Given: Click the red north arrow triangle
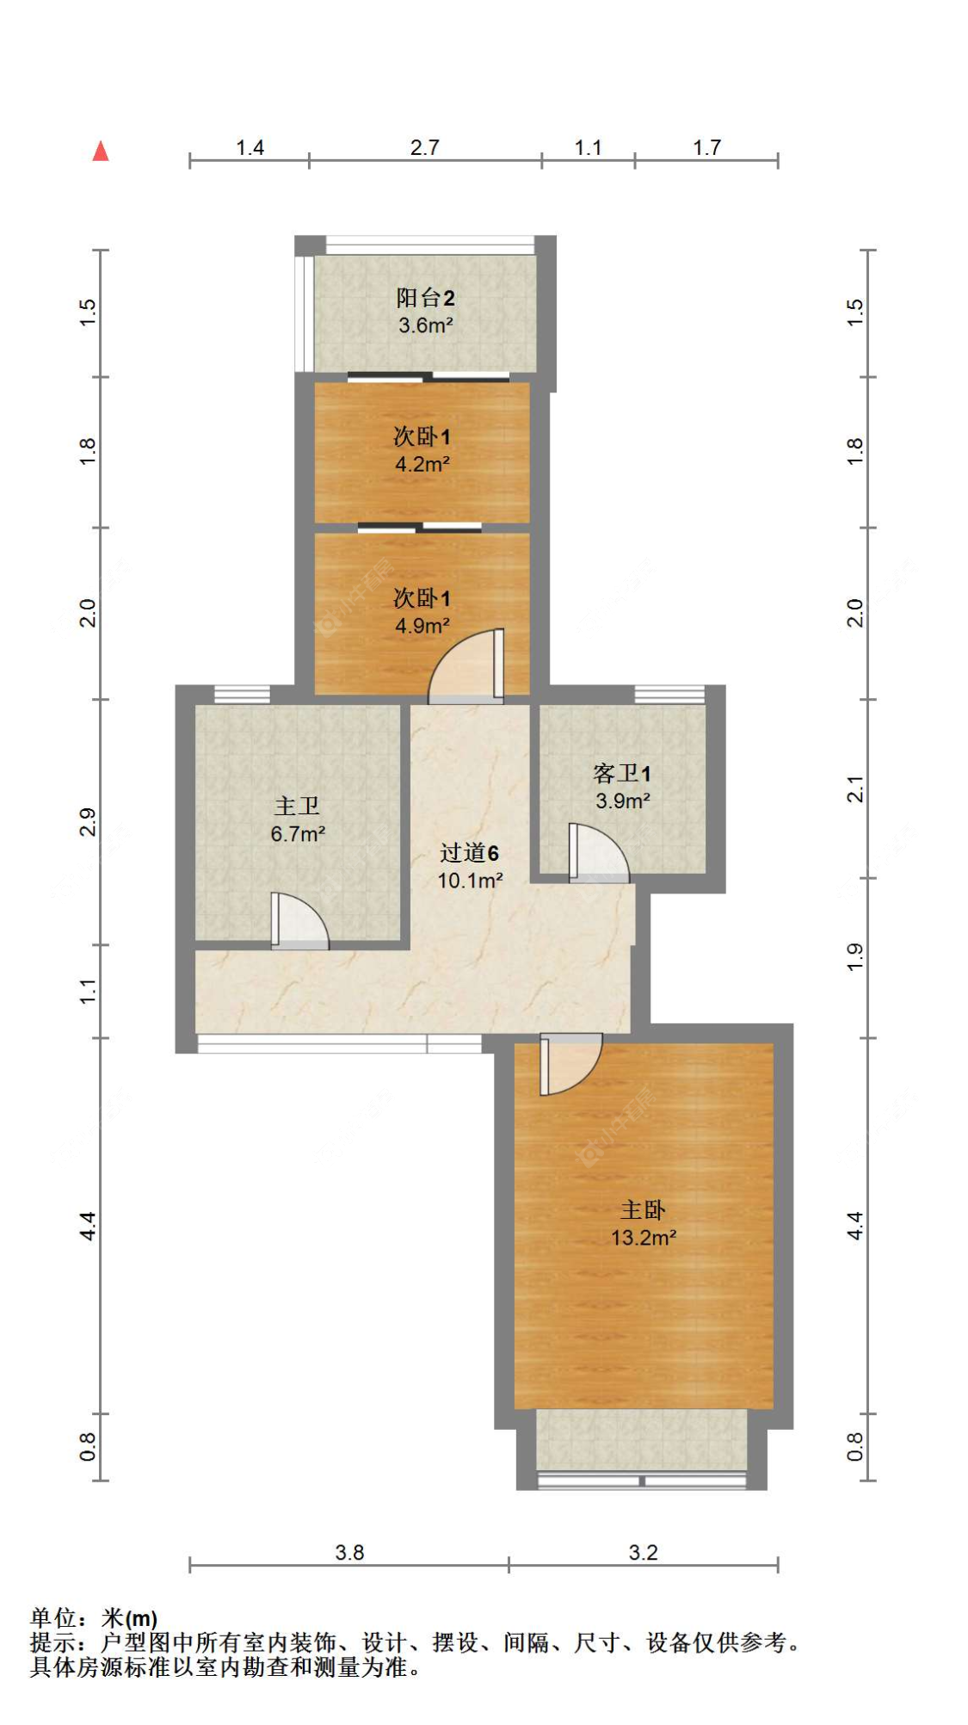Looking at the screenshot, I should click(x=101, y=151).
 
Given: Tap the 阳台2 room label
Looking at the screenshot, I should click(x=425, y=298).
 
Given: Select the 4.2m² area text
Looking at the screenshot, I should click(x=422, y=465).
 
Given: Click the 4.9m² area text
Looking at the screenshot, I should click(x=422, y=626).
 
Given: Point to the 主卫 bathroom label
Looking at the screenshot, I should click(x=297, y=807).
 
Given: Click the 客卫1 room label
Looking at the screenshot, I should click(x=622, y=774).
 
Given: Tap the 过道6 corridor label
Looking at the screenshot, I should click(x=469, y=853).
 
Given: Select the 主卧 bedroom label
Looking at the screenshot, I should click(x=643, y=1210).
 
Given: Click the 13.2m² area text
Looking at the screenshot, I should click(x=643, y=1238).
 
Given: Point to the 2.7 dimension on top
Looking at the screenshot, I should click(x=424, y=148).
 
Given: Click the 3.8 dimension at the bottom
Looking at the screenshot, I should click(x=349, y=1553).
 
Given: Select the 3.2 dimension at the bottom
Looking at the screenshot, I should click(x=643, y=1553).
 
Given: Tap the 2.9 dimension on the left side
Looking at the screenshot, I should click(x=88, y=822).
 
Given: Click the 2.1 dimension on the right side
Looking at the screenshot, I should click(x=854, y=788).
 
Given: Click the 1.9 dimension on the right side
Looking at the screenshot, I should click(x=854, y=957).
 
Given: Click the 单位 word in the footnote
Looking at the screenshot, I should click(x=53, y=1618).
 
